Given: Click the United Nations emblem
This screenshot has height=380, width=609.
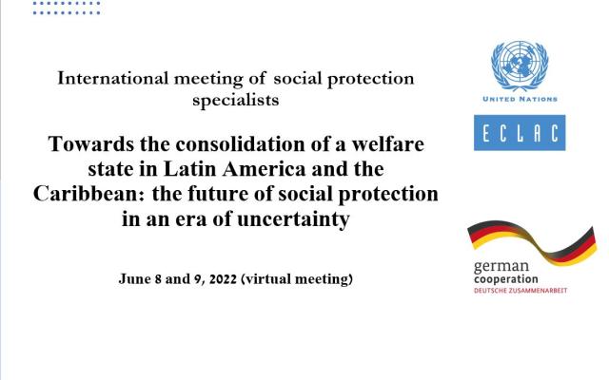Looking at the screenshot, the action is point(520,66).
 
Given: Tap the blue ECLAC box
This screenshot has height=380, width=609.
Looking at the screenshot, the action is point(520,133).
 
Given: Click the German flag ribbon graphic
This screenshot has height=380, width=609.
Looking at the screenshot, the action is point(532,243).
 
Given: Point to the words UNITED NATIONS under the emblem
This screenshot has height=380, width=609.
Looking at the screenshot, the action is point(520,99).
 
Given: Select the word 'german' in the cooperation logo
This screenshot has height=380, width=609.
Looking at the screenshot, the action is point(501,267).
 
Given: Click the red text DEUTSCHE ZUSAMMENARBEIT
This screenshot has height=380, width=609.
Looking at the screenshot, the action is point(521,291).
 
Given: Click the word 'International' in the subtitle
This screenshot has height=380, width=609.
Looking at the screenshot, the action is point(113,78).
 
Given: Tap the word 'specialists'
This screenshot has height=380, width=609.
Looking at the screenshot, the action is point(236,101).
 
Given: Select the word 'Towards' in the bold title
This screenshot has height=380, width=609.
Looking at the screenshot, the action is point(91,143).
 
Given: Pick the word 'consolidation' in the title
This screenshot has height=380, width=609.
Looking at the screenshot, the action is point(240,143).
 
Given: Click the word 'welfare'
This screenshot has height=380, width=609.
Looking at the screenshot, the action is point(388,143).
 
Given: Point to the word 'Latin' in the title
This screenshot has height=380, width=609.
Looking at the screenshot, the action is point(190,169).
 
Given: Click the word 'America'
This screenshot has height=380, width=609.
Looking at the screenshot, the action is point(265,169).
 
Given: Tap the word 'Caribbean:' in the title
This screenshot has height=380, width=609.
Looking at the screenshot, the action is point(88,194).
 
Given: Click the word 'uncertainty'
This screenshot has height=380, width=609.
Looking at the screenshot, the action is point(294,219).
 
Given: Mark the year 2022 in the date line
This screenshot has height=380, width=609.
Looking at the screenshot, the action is point(223,279).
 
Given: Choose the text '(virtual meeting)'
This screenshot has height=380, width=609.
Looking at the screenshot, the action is point(297,279).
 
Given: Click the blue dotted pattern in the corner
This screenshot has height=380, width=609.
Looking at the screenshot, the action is point(67,8).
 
